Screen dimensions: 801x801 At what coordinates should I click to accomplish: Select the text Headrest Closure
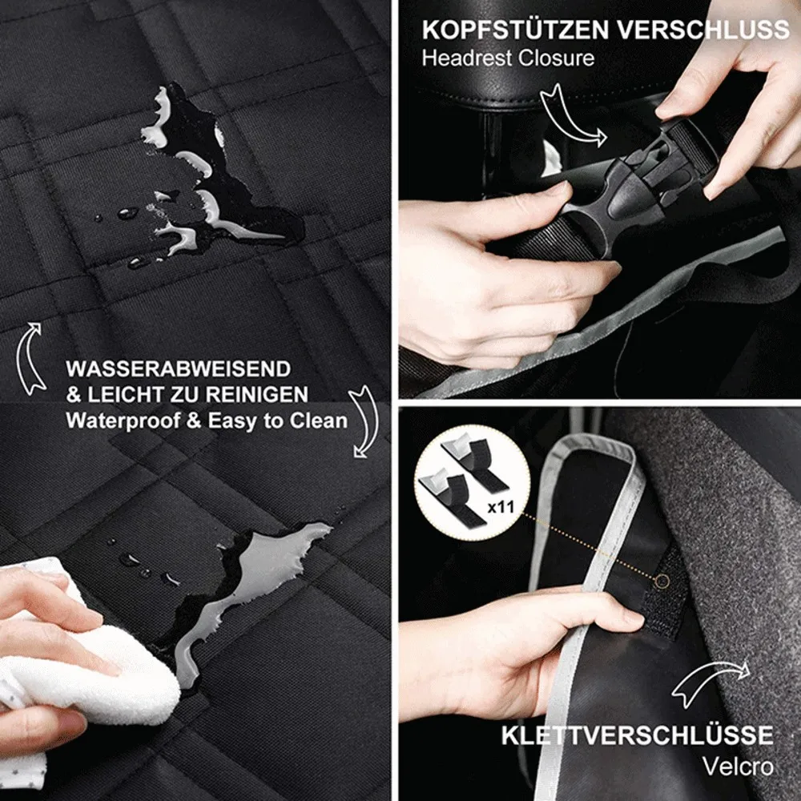[x=508, y=58]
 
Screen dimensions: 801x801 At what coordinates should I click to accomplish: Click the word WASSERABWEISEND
[x=178, y=369]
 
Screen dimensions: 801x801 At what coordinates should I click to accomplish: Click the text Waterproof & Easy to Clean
[x=207, y=421]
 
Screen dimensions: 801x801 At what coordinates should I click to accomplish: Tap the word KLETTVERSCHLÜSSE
[x=638, y=735]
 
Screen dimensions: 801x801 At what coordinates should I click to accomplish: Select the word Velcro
[x=739, y=765]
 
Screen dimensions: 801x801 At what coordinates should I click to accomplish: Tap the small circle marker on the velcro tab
[x=662, y=578]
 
